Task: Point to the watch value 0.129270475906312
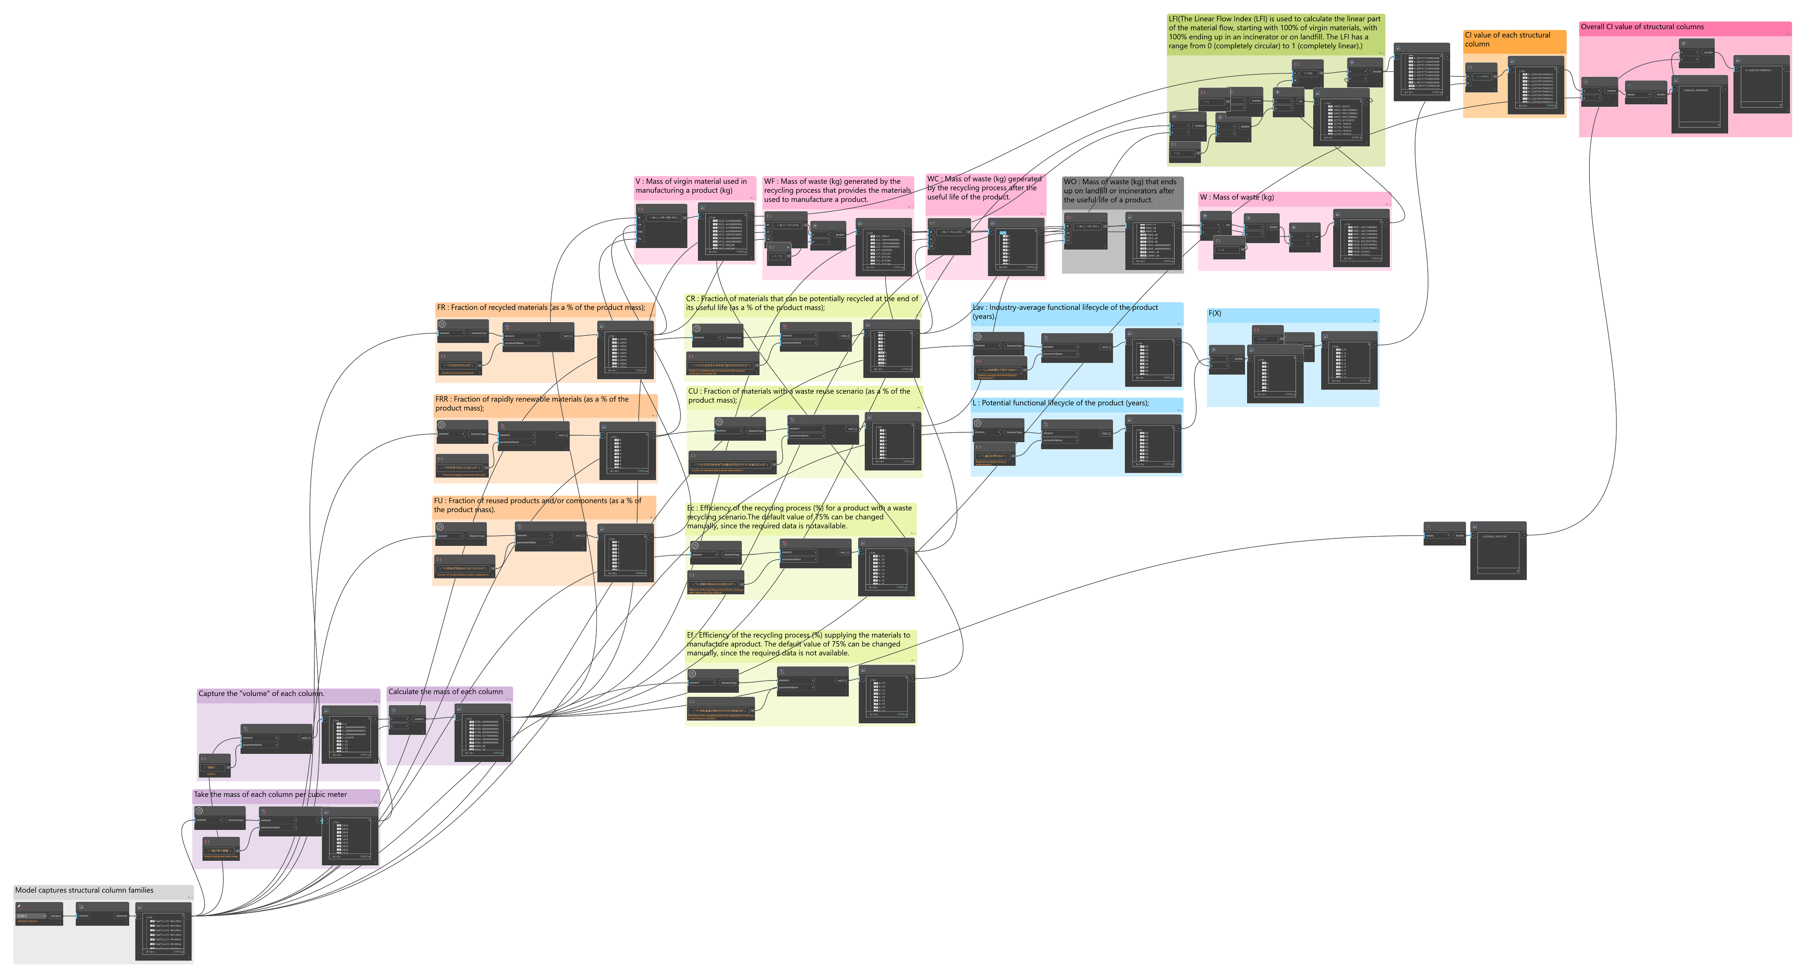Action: point(1761,70)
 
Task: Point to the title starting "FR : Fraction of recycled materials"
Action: point(540,308)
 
